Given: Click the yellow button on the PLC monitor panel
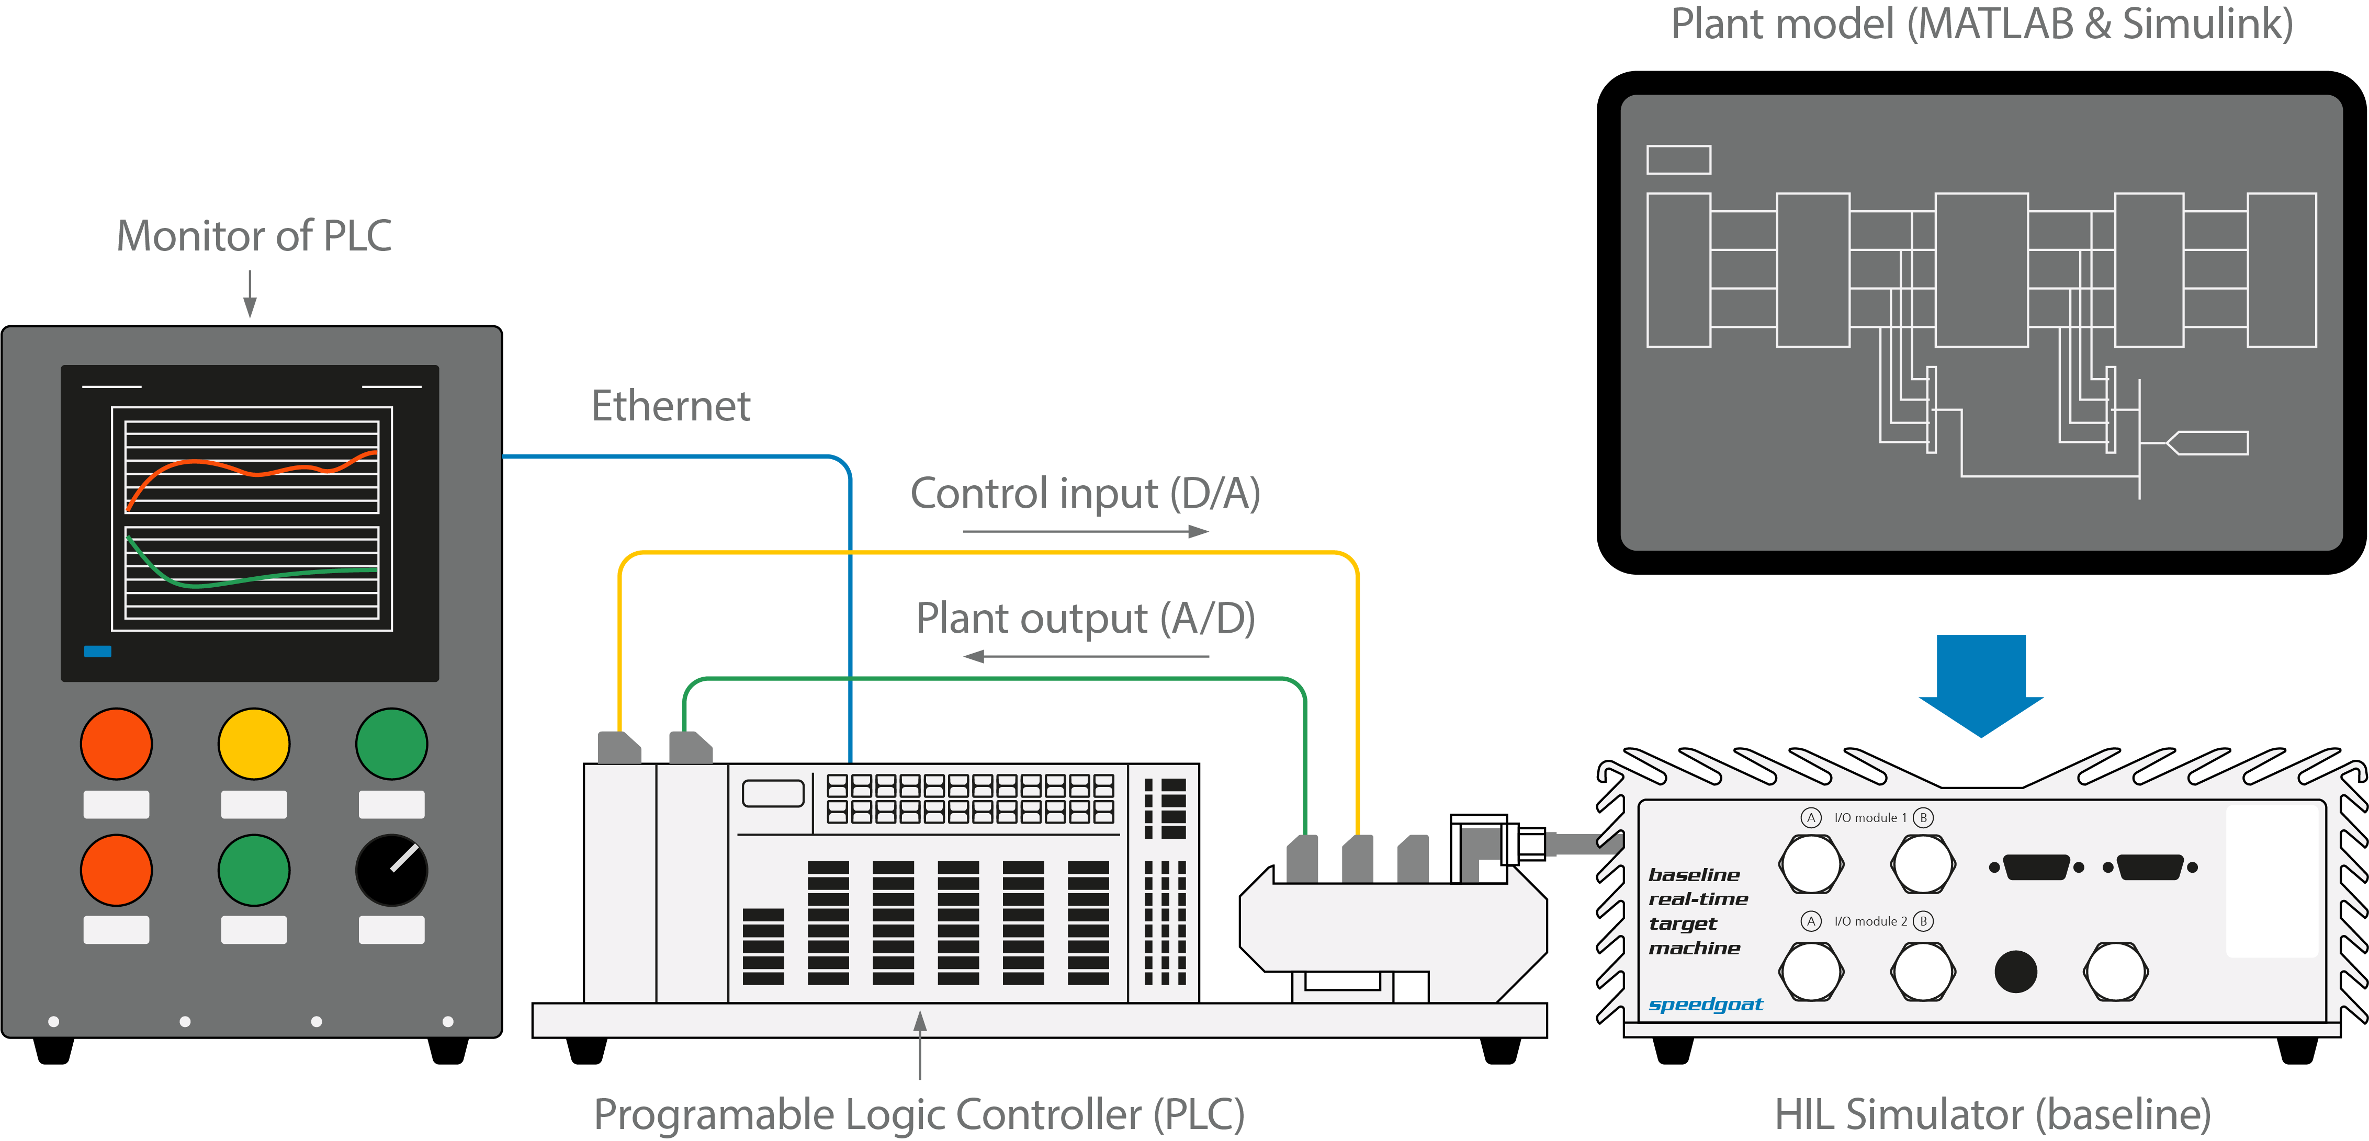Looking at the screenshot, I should [254, 744].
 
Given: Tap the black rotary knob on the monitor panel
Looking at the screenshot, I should [392, 870].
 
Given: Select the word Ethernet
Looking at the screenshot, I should [670, 406].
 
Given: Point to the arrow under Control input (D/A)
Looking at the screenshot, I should [1085, 531].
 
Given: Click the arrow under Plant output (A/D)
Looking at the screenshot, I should [1085, 656].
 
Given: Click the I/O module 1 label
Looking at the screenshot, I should [1870, 817].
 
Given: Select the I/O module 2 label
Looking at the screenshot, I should [1870, 921].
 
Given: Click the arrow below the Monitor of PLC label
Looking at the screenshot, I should [249, 294].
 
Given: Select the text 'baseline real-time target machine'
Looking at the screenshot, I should [1697, 911].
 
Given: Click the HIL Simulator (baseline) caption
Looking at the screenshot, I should [1992, 1114].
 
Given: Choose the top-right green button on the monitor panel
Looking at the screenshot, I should [392, 744].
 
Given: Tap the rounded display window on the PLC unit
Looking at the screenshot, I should [773, 793].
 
